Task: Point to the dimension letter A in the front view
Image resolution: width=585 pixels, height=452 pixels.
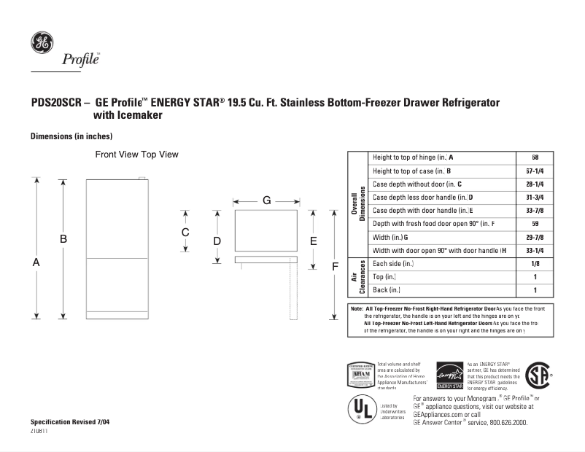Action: pyautogui.click(x=36, y=262)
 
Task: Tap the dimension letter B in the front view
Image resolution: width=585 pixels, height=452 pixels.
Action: pyautogui.click(x=63, y=238)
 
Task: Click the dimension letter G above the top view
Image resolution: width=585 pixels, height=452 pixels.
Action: pyautogui.click(x=266, y=200)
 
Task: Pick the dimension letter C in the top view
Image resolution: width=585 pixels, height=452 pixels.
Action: pyautogui.click(x=185, y=232)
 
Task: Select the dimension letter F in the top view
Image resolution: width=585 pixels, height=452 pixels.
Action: pyautogui.click(x=335, y=266)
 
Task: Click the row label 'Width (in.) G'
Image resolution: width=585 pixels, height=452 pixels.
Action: pyautogui.click(x=390, y=238)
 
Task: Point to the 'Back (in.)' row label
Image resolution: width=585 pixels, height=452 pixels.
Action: pyautogui.click(x=387, y=290)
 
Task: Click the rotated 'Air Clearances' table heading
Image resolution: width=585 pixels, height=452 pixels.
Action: pyautogui.click(x=357, y=277)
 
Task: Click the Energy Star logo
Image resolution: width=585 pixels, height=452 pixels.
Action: pyautogui.click(x=449, y=375)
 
